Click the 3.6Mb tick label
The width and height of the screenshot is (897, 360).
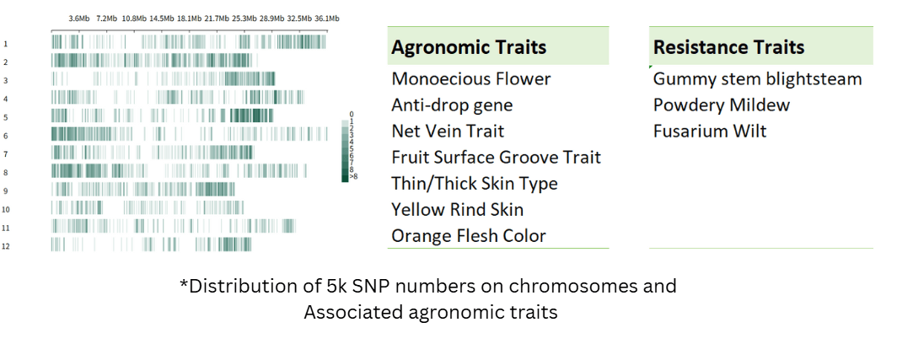pyautogui.click(x=79, y=19)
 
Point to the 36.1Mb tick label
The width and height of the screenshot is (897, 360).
pyautogui.click(x=327, y=19)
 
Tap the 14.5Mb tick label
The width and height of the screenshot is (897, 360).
pyautogui.click(x=162, y=19)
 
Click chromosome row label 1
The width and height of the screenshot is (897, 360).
pyautogui.click(x=5, y=44)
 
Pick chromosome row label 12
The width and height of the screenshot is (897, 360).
pyautogui.click(x=6, y=247)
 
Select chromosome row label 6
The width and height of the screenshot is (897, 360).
pyautogui.click(x=5, y=137)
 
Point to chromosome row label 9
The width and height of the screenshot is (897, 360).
pyautogui.click(x=5, y=191)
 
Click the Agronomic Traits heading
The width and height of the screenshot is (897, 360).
pyautogui.click(x=469, y=47)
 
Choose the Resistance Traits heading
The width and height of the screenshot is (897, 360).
pyautogui.click(x=728, y=47)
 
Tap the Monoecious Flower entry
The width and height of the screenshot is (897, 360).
pyautogui.click(x=470, y=79)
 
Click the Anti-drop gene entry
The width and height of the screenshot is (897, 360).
pyautogui.click(x=452, y=105)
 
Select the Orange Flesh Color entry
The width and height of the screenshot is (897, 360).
pyautogui.click(x=469, y=236)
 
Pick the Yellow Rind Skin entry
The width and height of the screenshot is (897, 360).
pyautogui.click(x=458, y=209)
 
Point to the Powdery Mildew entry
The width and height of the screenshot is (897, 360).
pyautogui.click(x=722, y=105)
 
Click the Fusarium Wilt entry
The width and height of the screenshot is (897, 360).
pyautogui.click(x=710, y=131)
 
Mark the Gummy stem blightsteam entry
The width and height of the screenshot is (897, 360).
pyautogui.click(x=757, y=79)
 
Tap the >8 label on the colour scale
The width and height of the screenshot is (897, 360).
pyautogui.click(x=353, y=176)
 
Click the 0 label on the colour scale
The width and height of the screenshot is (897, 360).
pyautogui.click(x=352, y=115)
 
